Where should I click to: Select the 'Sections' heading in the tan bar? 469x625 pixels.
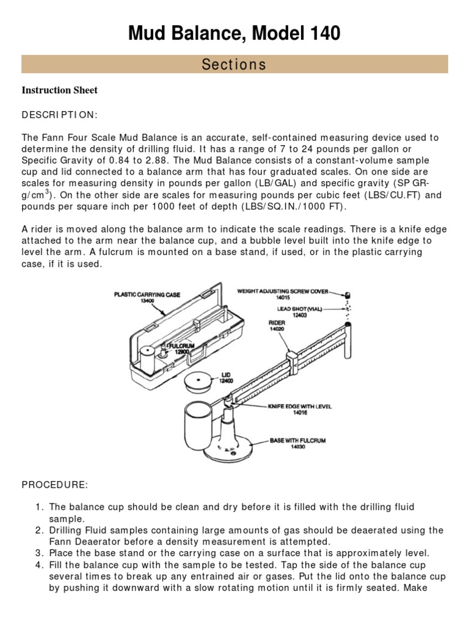234,64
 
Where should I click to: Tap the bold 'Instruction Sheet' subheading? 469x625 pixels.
60,90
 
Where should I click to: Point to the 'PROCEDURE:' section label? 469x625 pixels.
55,485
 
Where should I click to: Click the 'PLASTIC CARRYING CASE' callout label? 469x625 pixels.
147,294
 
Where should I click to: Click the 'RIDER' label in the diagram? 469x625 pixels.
277,322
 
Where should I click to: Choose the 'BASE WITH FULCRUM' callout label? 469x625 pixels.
300,439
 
